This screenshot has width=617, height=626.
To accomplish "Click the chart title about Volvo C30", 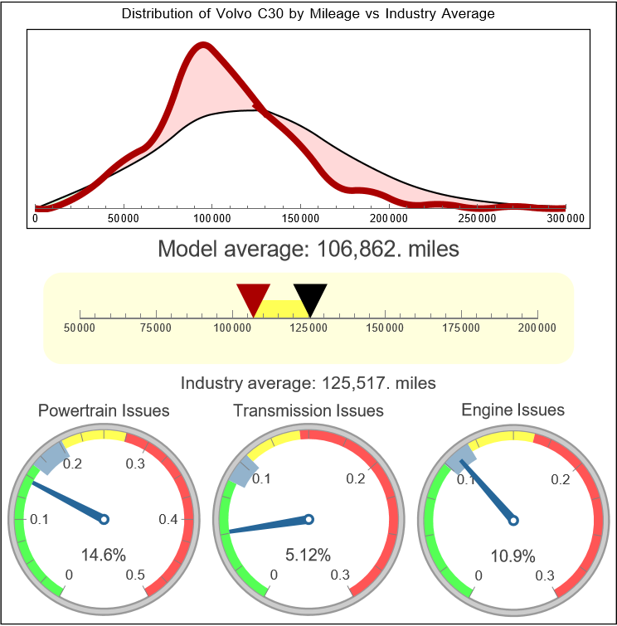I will pos(308,14).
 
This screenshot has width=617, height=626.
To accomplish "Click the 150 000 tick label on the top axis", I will pos(300,219).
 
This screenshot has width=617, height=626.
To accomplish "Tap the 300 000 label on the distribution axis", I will pos(566,219).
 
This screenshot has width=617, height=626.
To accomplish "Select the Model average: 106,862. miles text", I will pos(308,248).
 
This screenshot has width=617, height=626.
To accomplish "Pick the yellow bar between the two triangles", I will pos(282,308).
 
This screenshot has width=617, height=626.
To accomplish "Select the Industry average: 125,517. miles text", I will pos(308,383).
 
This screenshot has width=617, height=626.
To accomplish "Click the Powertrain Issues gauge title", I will pos(104,410).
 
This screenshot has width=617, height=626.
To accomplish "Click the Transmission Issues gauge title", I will pos(308,410).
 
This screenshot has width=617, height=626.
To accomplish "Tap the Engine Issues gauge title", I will pos(513,410).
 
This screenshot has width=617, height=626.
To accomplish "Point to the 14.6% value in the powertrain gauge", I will pos(103,555).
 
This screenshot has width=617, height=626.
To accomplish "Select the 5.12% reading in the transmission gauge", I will pos(308,555).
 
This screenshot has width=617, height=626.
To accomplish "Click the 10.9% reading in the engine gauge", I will pos(513,555).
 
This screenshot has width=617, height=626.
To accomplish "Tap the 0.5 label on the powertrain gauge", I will pos(136,575).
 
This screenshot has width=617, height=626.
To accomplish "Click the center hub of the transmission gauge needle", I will pos(308,519).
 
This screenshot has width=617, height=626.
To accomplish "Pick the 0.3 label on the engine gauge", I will pos(545,575).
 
